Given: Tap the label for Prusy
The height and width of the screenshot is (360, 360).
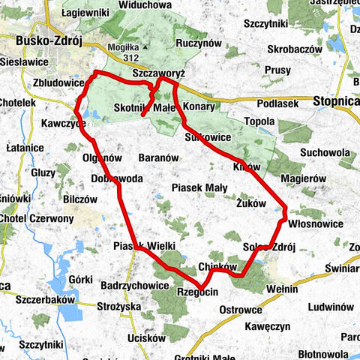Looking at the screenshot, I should [277, 70].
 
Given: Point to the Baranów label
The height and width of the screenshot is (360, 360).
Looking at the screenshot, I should [158, 158].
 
